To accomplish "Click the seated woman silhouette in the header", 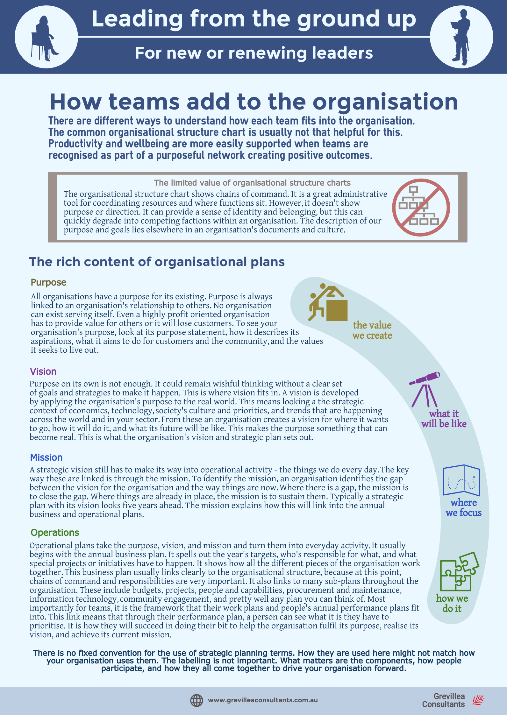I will pyautogui.click(x=45, y=38).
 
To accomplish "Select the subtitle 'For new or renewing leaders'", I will pyautogui.click(x=254, y=53).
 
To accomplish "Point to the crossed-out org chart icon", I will pyautogui.click(x=421, y=207).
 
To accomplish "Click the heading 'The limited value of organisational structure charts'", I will pyautogui.click(x=252, y=183).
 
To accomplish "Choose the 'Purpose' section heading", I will pyautogui.click(x=48, y=282).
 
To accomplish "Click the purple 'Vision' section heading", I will pyautogui.click(x=43, y=372).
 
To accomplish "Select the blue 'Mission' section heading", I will pyautogui.click(x=46, y=457).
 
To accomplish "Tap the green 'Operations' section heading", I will pyautogui.click(x=55, y=533).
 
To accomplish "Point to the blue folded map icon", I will pyautogui.click(x=461, y=480).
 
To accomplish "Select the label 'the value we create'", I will pyautogui.click(x=372, y=330).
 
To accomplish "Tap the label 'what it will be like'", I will pyautogui.click(x=444, y=419).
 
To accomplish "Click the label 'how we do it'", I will pyautogui.click(x=452, y=603).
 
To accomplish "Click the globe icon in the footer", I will pyautogui.click(x=196, y=700).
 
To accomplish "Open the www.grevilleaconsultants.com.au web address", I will pyautogui.click(x=263, y=700).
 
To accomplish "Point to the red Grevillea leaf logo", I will pyautogui.click(x=478, y=700).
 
